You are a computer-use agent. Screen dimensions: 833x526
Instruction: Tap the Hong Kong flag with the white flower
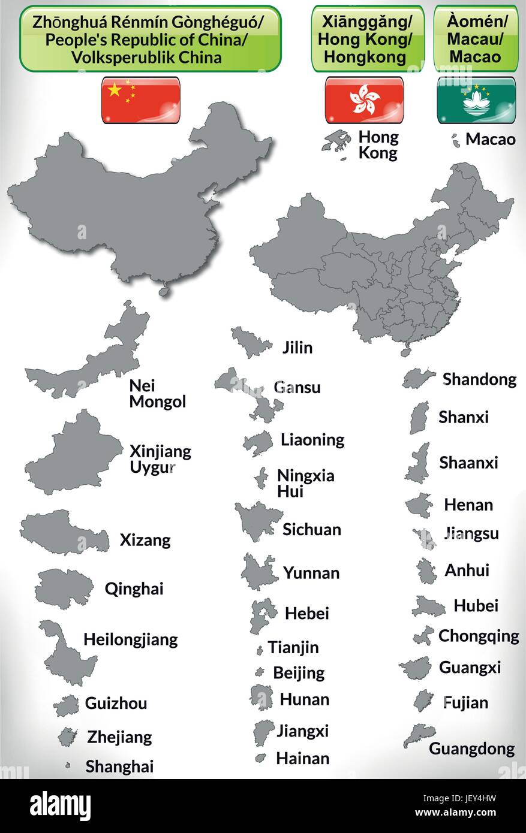(364, 99)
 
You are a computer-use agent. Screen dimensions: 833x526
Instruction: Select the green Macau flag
(475, 99)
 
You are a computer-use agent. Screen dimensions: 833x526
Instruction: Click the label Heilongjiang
(131, 639)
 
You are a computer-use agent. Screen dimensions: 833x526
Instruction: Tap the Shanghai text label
(119, 766)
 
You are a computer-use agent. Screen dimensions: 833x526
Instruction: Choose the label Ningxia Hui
(305, 484)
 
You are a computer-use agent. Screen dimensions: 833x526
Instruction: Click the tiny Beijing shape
(260, 672)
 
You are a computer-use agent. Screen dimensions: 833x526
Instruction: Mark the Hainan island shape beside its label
(261, 758)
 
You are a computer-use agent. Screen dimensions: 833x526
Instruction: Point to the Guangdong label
(471, 749)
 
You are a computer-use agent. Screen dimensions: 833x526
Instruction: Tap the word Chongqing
(479, 635)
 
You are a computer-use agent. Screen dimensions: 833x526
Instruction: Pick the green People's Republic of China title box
(150, 39)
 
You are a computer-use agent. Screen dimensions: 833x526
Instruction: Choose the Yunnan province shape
(259, 572)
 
